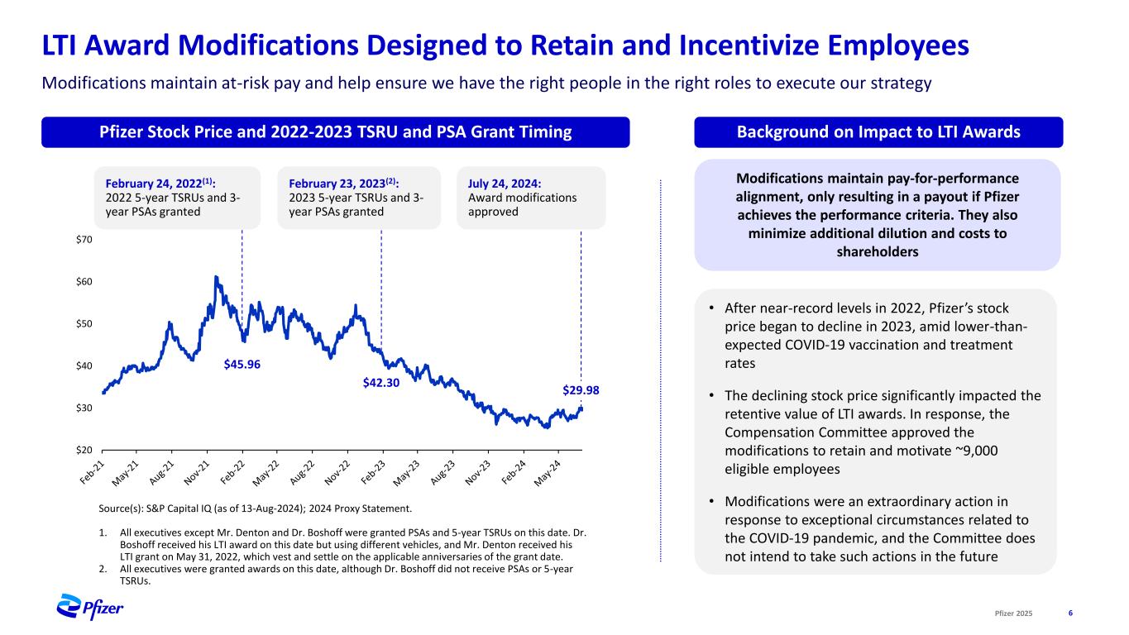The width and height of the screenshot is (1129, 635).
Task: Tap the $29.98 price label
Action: (x=581, y=389)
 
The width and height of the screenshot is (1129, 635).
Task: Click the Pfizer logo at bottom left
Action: (x=89, y=608)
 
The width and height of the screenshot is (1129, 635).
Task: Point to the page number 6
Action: (x=1070, y=613)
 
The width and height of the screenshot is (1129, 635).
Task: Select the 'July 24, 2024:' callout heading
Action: (x=503, y=184)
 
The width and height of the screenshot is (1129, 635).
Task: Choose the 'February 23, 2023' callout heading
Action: (x=346, y=184)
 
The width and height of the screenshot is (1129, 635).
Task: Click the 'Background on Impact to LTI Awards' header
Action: (x=878, y=132)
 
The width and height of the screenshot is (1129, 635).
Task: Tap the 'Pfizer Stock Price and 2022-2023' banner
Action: (x=335, y=132)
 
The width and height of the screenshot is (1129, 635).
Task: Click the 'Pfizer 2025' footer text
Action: (x=1014, y=613)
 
